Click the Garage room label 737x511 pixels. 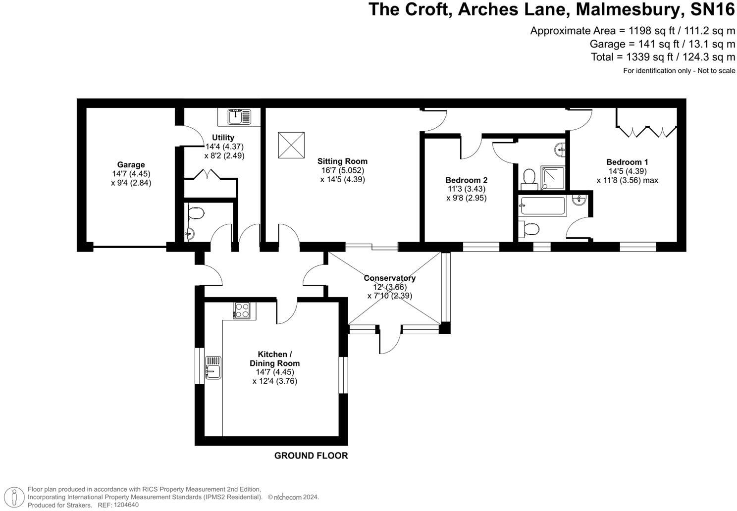(x=131, y=165)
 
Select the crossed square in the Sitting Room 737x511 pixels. (x=291, y=145)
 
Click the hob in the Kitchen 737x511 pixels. (x=242, y=310)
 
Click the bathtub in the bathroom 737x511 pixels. (x=542, y=205)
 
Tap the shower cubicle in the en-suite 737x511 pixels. (x=553, y=177)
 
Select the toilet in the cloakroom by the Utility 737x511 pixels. (x=196, y=213)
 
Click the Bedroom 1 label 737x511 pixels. (x=627, y=162)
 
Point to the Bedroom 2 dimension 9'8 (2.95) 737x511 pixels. (x=466, y=198)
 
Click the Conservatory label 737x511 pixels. (x=389, y=278)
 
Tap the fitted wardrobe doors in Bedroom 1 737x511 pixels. (x=646, y=131)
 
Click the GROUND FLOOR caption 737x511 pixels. (x=311, y=456)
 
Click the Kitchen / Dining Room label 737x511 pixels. (x=274, y=358)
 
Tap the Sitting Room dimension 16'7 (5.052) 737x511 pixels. (x=342, y=170)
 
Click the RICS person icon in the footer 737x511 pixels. (x=16, y=497)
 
